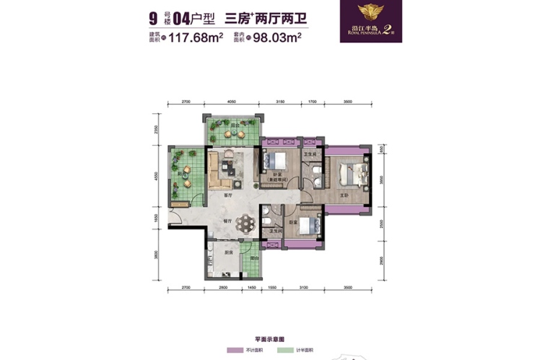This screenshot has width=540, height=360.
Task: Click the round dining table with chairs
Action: pos(247,223)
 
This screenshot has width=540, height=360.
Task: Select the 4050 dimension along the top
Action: pos(232,102)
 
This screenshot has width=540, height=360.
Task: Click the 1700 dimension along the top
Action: pos(312,102)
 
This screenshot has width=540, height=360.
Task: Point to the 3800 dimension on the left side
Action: pos(155,253)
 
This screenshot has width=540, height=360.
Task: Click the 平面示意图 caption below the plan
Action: pos(269,338)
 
